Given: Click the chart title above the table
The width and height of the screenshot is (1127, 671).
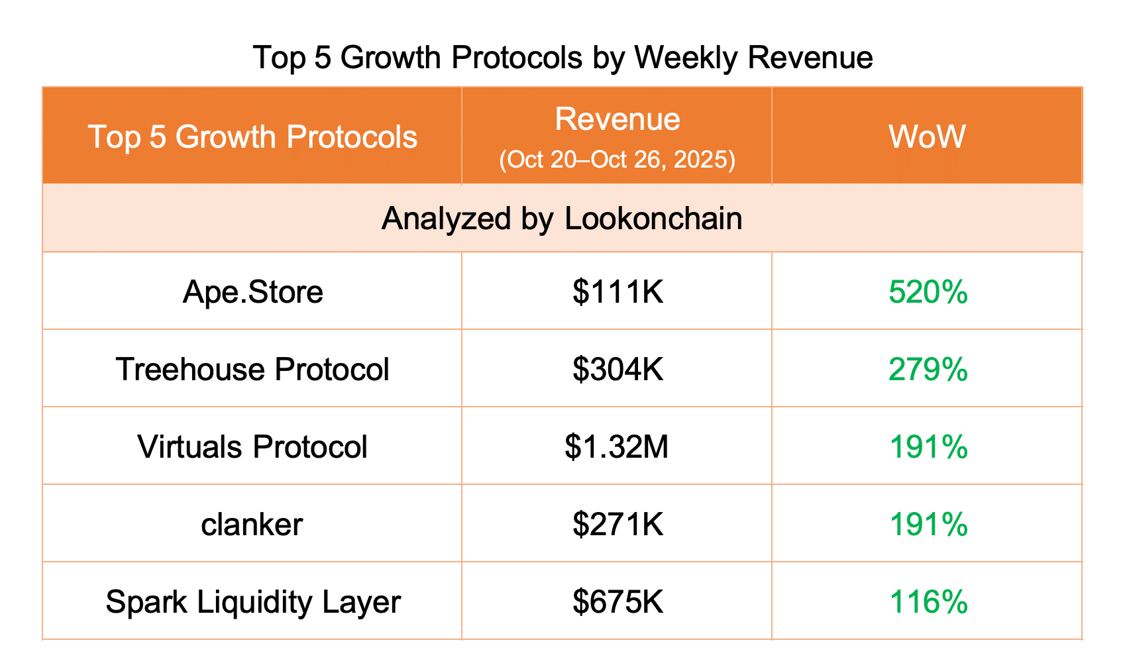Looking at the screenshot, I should (x=563, y=58).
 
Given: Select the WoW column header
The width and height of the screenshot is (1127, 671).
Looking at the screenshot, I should (x=927, y=137).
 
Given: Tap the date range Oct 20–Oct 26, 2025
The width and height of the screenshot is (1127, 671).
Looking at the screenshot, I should (x=617, y=160).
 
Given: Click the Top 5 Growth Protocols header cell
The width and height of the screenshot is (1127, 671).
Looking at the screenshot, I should (x=252, y=137).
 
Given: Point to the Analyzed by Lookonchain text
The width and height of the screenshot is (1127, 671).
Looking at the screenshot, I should (x=562, y=219).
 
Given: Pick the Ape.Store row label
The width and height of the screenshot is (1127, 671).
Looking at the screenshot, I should (x=252, y=292).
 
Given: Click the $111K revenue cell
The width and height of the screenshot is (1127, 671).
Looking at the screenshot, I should (x=617, y=292).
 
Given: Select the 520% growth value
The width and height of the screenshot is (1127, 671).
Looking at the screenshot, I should (x=928, y=292).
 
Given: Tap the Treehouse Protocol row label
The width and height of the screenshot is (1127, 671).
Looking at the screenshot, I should (x=252, y=369).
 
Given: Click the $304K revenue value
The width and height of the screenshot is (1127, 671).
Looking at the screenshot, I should (x=617, y=369).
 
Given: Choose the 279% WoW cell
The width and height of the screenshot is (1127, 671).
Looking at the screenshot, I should (x=928, y=369).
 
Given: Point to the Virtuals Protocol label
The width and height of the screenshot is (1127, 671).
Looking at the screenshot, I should (x=252, y=447).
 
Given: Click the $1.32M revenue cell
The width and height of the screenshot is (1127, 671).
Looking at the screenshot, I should (x=617, y=447).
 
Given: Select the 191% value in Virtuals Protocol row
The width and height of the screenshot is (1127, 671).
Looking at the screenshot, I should (x=928, y=447).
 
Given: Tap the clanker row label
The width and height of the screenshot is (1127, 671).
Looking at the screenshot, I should (x=252, y=525).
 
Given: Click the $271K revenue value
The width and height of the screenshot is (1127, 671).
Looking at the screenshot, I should (x=617, y=525).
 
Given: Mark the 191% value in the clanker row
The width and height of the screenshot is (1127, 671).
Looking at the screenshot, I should (x=928, y=525).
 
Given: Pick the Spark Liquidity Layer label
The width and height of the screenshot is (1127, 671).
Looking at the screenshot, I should (x=252, y=602).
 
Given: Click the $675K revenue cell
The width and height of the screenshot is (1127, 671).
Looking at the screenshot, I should (x=617, y=602).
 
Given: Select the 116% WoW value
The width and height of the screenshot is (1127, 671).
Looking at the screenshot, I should (x=928, y=602).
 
